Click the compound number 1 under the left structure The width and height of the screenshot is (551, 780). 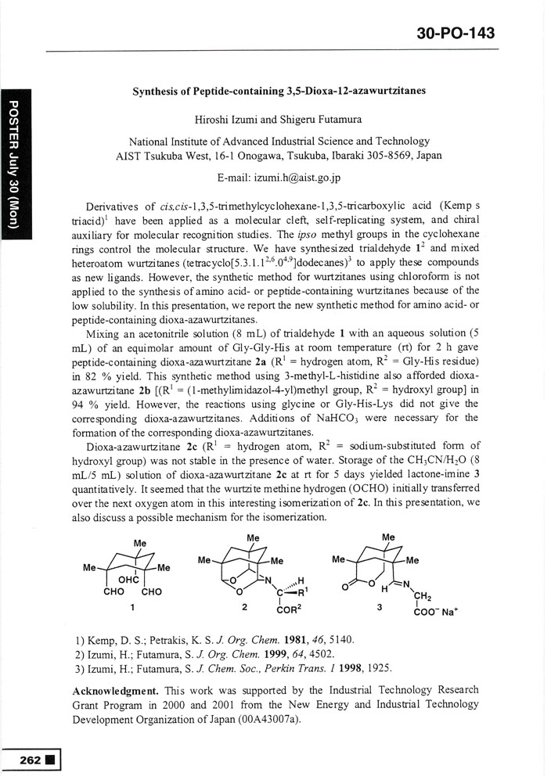click(134, 606)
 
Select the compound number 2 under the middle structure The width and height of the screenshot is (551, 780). click(246, 606)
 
